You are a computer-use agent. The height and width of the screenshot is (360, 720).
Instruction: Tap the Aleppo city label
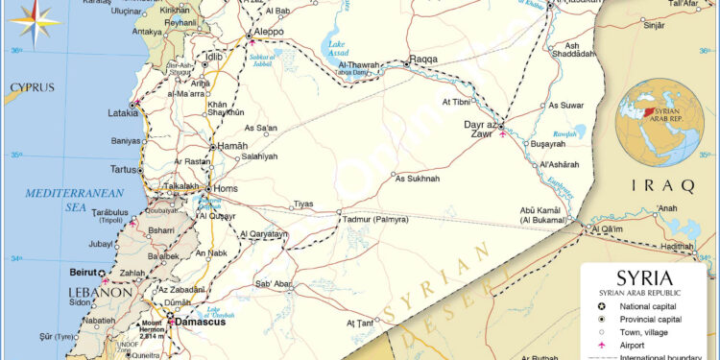tap(269, 32)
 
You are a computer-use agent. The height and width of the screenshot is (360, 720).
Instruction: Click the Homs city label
tap(225, 188)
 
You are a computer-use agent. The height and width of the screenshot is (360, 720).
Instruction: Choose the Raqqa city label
tap(423, 59)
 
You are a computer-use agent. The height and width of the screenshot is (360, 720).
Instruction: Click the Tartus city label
tap(125, 170)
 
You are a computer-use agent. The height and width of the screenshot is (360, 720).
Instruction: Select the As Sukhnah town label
tap(418, 179)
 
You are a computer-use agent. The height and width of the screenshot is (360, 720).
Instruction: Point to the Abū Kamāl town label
tap(540, 211)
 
